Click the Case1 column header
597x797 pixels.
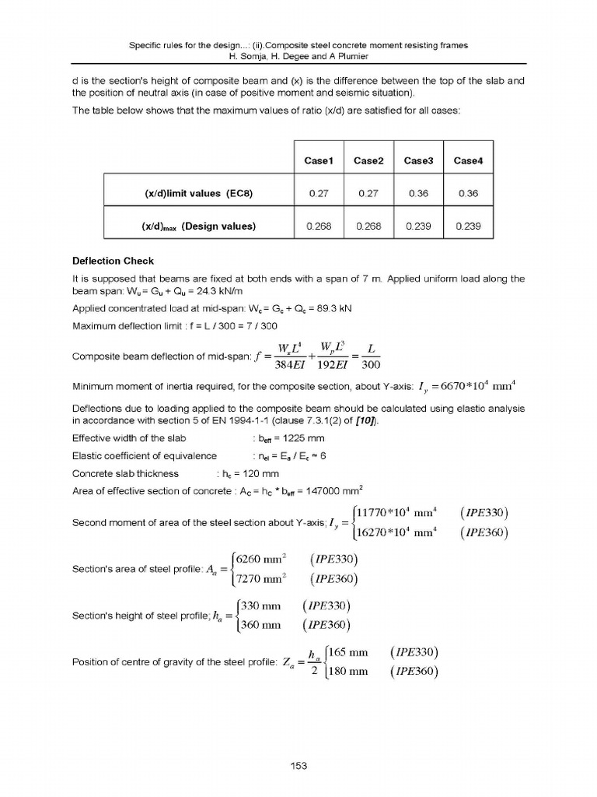coord(319,160)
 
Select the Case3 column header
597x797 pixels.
coord(418,160)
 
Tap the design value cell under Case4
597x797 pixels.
coord(468,226)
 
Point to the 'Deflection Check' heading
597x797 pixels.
coord(113,261)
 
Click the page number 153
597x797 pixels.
coord(298,766)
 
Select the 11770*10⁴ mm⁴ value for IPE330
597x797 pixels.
coord(396,511)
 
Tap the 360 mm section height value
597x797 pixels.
coord(260,624)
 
